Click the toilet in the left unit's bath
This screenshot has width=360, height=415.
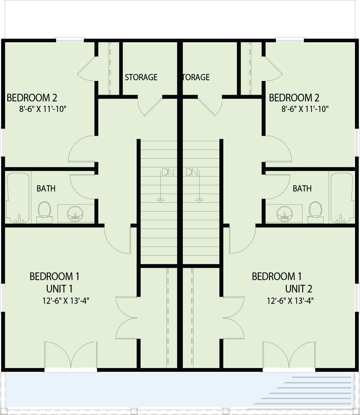coord(44,210)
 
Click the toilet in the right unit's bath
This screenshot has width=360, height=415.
coord(315,210)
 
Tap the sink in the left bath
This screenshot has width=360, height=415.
coord(75,213)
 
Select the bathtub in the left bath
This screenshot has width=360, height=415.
coord(18,197)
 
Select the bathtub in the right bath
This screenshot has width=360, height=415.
coord(342,197)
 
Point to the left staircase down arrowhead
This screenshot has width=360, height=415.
coord(160,200)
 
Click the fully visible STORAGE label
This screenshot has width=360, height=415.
coord(141,77)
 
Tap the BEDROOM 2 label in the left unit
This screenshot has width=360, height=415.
coord(32,98)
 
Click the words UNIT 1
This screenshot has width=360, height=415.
coord(59,289)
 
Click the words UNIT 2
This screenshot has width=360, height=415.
coord(298,289)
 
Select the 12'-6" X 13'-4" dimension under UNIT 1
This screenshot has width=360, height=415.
coord(66,301)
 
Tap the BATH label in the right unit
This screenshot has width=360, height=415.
coord(302,189)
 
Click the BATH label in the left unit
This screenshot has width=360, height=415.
coord(46,189)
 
